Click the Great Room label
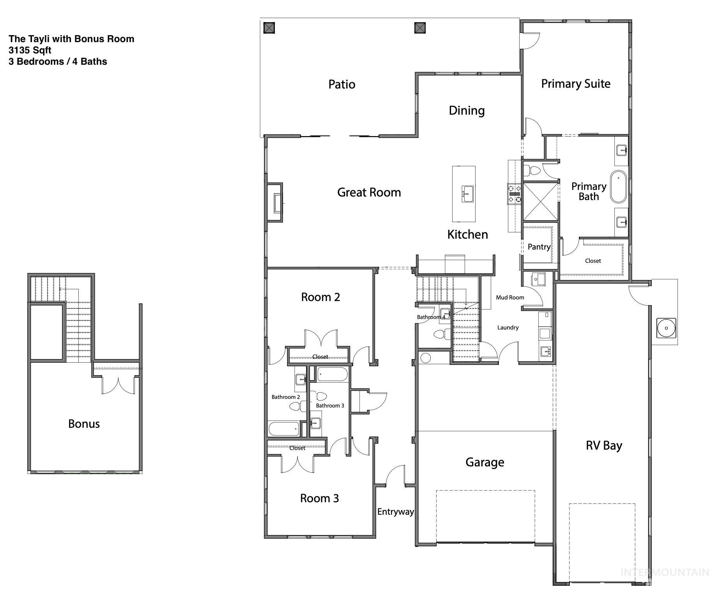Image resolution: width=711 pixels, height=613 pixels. point(369,192)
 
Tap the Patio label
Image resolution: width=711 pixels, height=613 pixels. point(341,84)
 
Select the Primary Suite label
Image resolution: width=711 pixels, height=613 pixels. point(575,83)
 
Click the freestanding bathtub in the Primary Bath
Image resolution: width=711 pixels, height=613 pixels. point(618,186)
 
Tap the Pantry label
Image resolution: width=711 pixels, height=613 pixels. point(539,246)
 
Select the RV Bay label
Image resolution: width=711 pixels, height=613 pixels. point(603,445)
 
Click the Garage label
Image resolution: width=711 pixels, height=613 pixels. point(485,462)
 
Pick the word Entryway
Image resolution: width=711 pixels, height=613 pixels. point(395,512)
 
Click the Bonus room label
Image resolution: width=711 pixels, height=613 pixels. point(84,424)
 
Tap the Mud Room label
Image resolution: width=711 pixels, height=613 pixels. point(510,298)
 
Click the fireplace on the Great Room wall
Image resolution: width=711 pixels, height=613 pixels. point(276,203)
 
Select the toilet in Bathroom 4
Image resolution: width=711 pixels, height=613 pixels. point(441,334)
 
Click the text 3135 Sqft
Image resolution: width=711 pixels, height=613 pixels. point(30,50)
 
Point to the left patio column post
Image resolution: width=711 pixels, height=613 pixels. point(269,28)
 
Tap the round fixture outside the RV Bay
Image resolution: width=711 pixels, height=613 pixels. point(666,328)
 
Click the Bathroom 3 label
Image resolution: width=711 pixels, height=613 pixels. point(330,406)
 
